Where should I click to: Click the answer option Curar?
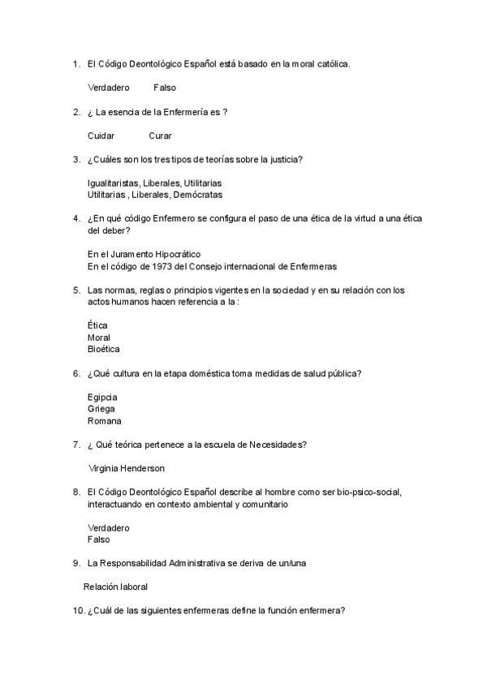coord(160,135)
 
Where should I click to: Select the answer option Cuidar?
coord(101,135)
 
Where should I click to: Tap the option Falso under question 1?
coord(164,88)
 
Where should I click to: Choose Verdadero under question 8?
coord(108,527)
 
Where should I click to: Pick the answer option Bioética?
coord(103,349)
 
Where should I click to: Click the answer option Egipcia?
coord(102,397)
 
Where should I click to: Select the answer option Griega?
coord(101,409)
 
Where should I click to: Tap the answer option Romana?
coord(104,421)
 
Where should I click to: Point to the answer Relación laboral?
coord(116,587)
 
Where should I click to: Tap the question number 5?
coord(75,290)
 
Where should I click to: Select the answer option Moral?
coord(99,337)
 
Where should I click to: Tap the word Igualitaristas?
coord(114,183)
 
